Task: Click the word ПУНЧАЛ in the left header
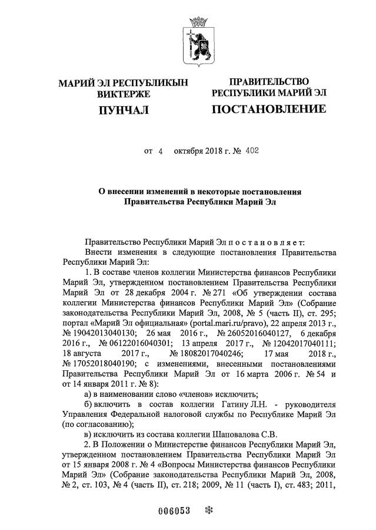coord(123,110)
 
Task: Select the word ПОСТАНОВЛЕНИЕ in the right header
coord(268,109)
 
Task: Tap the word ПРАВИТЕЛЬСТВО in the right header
coord(268,81)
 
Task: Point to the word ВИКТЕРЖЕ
coord(123,94)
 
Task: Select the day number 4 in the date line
coord(160,151)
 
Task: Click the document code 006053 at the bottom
coord(175,511)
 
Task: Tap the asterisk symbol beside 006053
coord(207,511)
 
